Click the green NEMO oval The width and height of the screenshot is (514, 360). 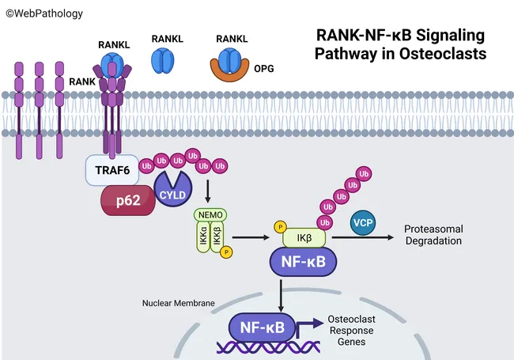[210, 215]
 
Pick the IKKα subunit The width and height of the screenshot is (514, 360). [202, 237]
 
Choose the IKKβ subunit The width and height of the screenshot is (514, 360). [217, 237]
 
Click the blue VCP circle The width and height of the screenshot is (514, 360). [363, 224]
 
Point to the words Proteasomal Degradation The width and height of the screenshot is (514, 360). [433, 235]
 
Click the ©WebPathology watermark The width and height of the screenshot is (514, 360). [37, 9]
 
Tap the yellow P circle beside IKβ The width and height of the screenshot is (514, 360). [279, 228]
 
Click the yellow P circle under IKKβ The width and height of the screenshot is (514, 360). [227, 252]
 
